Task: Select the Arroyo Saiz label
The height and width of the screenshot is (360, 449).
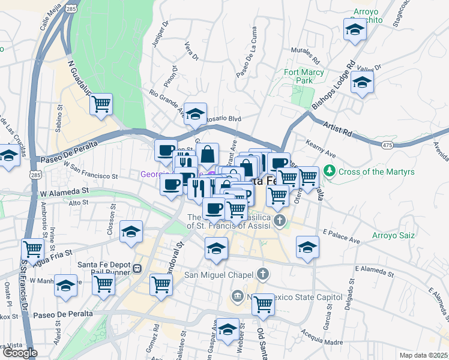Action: click(x=393, y=235)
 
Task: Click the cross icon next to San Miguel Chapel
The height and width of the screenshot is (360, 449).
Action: click(x=262, y=275)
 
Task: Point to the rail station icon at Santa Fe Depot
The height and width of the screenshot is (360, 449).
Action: click(x=137, y=269)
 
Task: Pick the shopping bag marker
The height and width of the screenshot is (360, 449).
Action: click(x=207, y=154)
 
